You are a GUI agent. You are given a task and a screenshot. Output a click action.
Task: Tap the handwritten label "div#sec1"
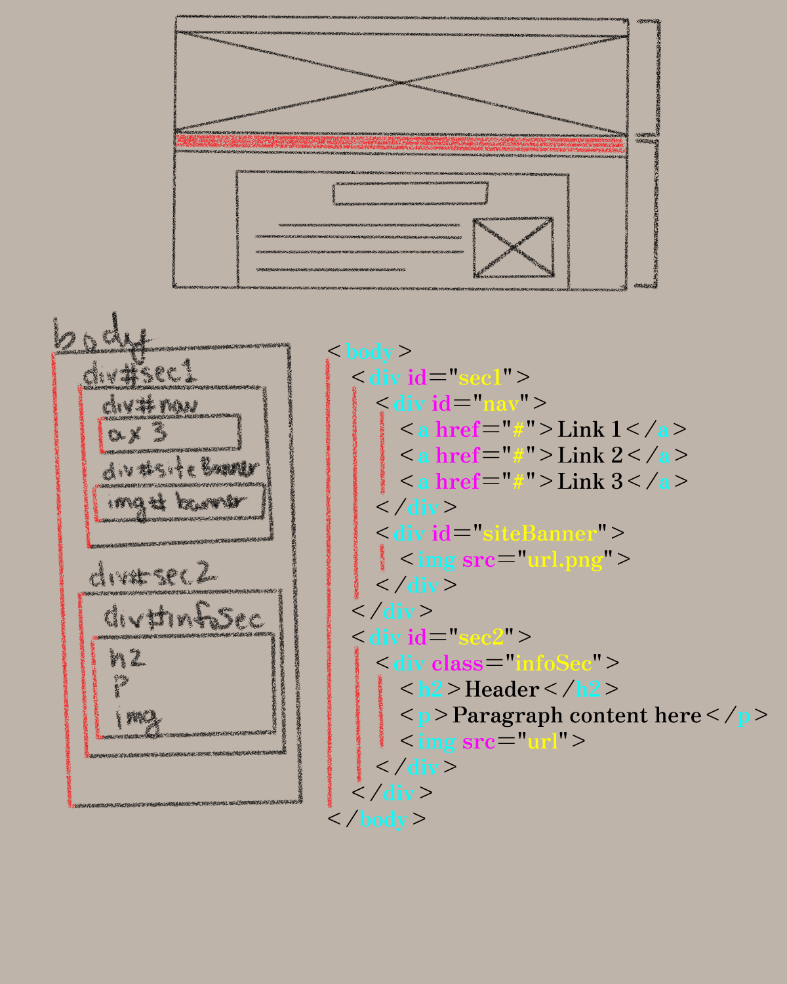click(139, 374)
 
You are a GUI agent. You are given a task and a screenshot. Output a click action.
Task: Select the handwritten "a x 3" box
click(170, 434)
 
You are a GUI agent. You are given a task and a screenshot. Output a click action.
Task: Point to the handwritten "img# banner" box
click(179, 503)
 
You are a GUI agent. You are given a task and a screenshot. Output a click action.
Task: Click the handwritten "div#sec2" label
click(153, 575)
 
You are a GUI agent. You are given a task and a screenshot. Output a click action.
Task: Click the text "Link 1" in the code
click(589, 430)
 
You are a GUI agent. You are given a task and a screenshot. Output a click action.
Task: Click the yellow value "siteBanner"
click(540, 533)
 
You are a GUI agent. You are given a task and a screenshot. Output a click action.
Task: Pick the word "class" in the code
click(457, 663)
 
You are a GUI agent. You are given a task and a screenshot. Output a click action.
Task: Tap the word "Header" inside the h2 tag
click(502, 689)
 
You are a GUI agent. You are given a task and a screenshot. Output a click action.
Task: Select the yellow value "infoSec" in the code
click(554, 663)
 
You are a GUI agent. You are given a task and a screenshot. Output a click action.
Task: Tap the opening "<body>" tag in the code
click(370, 352)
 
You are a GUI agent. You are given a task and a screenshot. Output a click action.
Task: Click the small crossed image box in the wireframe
click(513, 247)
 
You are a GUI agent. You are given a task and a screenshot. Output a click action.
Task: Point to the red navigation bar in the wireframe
click(400, 143)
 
